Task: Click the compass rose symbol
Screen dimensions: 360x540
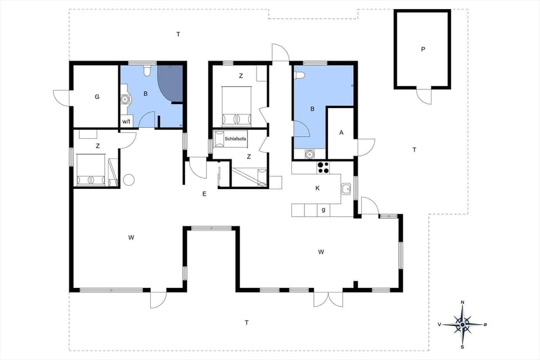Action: tap(462, 325)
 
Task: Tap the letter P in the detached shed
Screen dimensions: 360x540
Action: tap(423, 49)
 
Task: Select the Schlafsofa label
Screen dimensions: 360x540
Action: tap(234, 138)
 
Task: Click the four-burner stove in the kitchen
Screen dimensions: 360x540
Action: tap(323, 166)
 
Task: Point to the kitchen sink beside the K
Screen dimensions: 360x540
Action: tap(347, 188)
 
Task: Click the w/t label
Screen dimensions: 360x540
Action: tap(126, 121)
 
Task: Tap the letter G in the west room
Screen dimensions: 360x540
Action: tap(97, 97)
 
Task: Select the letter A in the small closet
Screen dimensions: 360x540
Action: tap(341, 133)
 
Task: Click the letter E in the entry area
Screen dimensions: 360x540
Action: tap(205, 194)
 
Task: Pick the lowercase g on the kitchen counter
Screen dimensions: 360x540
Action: tap(323, 210)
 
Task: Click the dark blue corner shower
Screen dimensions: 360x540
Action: tap(170, 84)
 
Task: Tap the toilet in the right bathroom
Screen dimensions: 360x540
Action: tap(300, 75)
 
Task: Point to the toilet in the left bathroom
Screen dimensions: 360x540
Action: tap(147, 70)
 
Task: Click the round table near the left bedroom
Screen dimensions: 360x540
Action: tap(129, 180)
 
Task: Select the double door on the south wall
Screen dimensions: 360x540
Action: tap(328, 299)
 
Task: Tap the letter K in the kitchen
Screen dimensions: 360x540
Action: tap(318, 188)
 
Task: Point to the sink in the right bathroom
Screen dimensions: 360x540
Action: tap(309, 154)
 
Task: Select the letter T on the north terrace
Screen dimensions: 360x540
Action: tap(178, 35)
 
